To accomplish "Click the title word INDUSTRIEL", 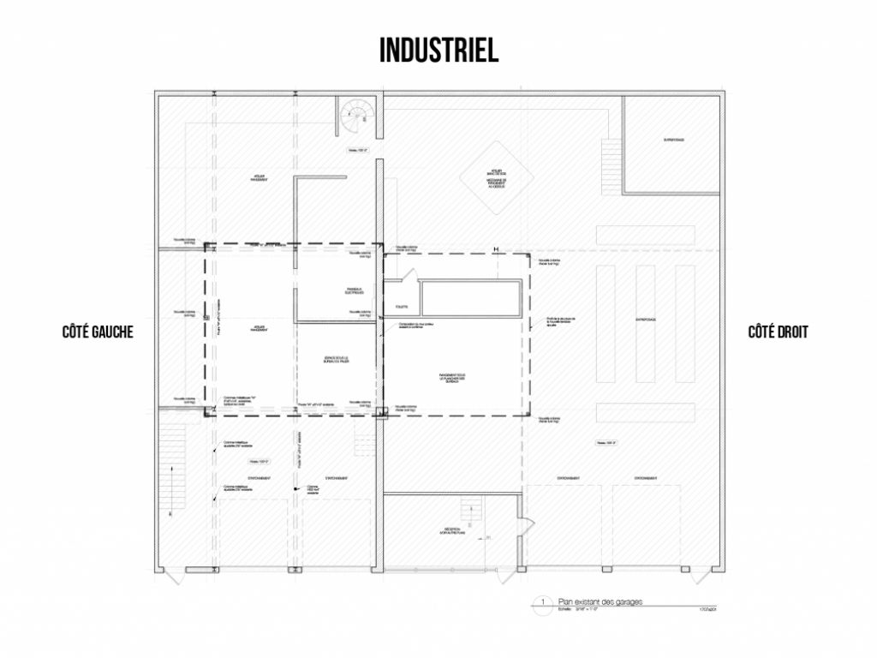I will click(x=438, y=50).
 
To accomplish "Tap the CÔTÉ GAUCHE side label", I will click(x=98, y=332).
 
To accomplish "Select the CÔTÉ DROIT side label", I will click(x=778, y=332).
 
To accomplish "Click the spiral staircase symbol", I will click(x=353, y=117).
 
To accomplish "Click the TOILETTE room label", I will click(x=402, y=306).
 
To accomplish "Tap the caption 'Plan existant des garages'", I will click(x=600, y=601).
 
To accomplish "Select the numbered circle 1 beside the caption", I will click(x=542, y=602).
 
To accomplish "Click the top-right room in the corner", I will click(x=671, y=144).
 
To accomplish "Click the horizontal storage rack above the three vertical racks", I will click(x=645, y=234).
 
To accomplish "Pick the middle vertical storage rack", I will click(x=645, y=323).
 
